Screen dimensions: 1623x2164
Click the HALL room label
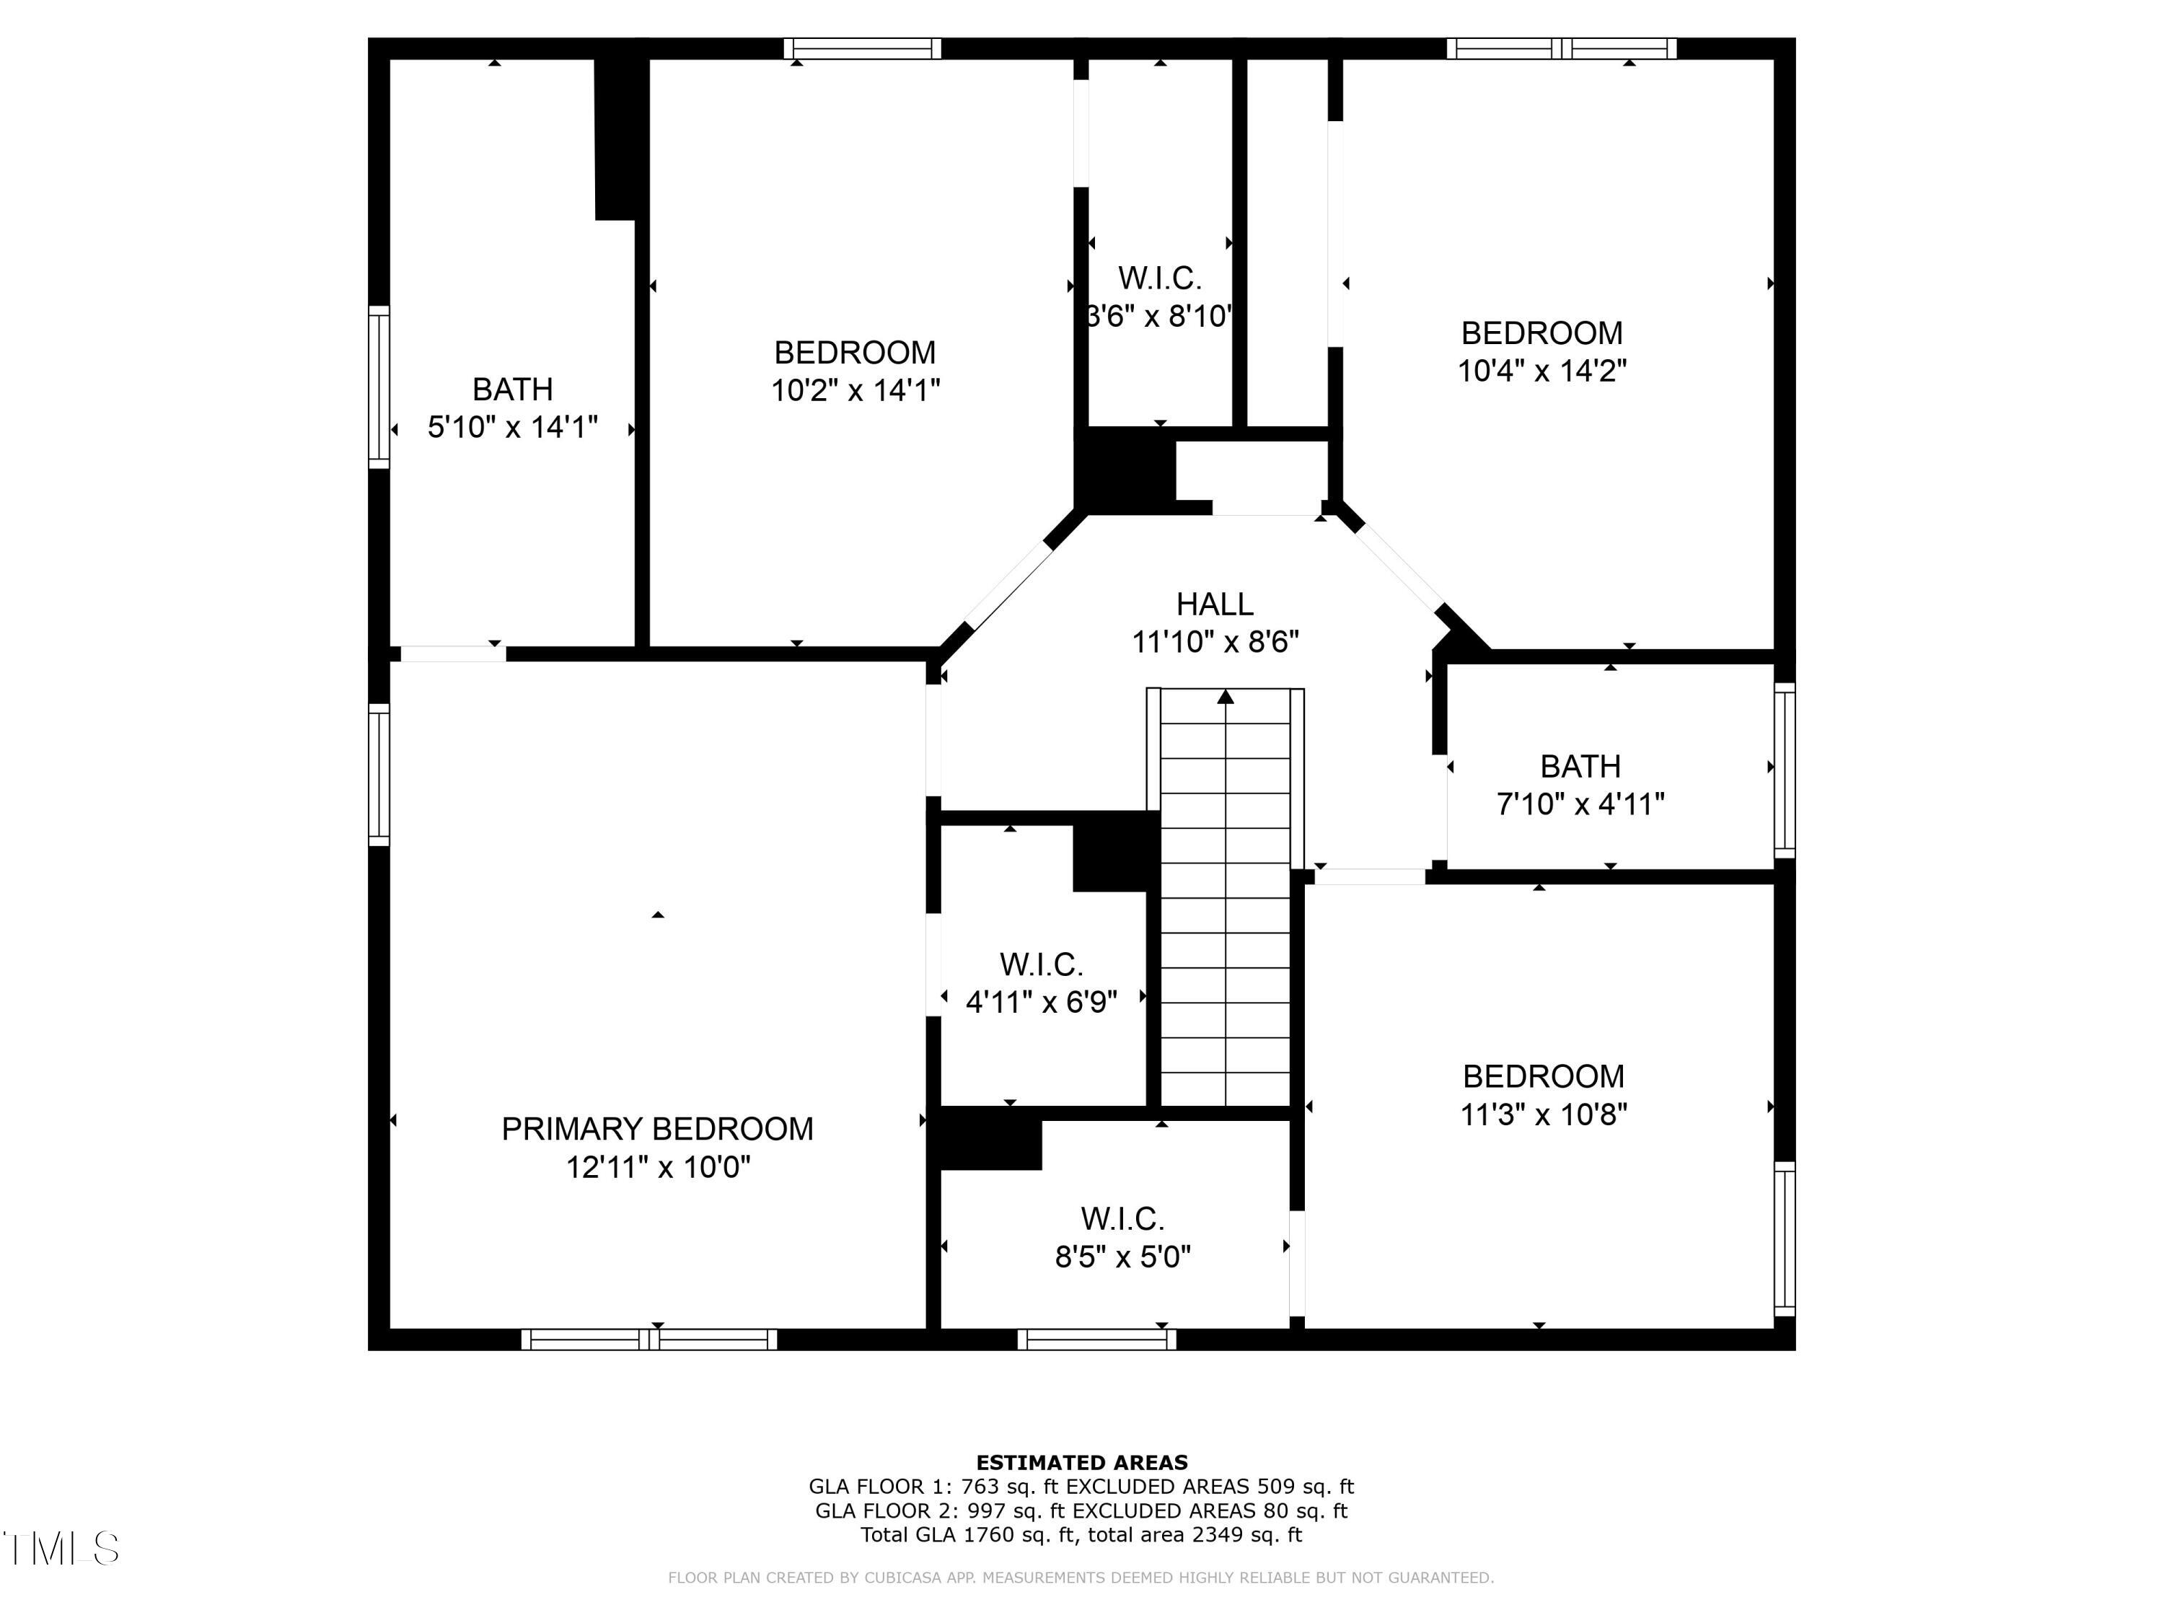[1214, 604]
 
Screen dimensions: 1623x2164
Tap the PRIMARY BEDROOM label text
[656, 1129]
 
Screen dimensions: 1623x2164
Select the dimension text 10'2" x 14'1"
[855, 390]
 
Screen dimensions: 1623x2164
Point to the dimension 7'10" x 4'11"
[1580, 804]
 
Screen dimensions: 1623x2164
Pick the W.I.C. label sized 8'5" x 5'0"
[1122, 1219]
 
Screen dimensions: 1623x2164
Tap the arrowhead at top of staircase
[1225, 698]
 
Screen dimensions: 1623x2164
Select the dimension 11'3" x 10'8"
[1543, 1114]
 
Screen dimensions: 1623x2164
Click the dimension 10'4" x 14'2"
[1541, 371]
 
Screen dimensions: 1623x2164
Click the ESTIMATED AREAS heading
[1081, 1463]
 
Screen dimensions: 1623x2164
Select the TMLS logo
[61, 1549]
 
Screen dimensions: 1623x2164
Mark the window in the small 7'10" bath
[1785, 770]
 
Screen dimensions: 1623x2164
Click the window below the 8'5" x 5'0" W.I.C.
[1096, 1340]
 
